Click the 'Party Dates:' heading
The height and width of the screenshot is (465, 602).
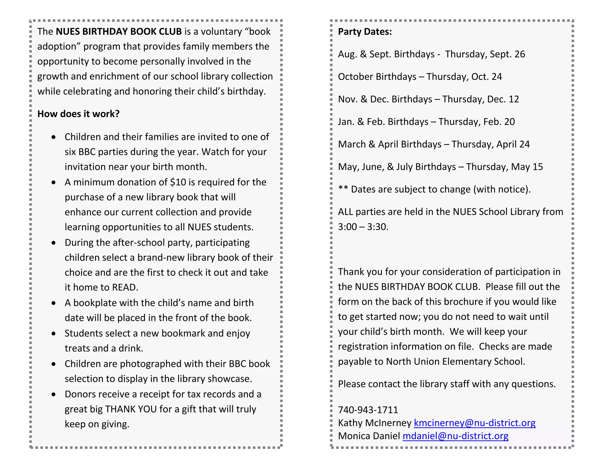tap(365, 32)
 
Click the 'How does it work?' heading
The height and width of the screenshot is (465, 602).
tap(78, 114)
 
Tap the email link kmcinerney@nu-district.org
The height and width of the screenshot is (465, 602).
tap(474, 423)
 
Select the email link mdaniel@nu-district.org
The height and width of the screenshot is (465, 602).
tap(455, 436)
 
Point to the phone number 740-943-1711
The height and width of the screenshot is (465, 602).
tap(368, 410)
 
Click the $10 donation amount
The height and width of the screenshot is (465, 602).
tap(178, 182)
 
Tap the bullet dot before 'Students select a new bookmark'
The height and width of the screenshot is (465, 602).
tap(53, 334)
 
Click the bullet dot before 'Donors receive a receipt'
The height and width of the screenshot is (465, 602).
tap(53, 394)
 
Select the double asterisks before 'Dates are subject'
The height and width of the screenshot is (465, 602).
tap(343, 188)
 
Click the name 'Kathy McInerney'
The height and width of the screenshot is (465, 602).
tap(374, 423)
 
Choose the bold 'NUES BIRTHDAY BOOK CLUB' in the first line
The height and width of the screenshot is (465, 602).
tap(119, 32)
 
